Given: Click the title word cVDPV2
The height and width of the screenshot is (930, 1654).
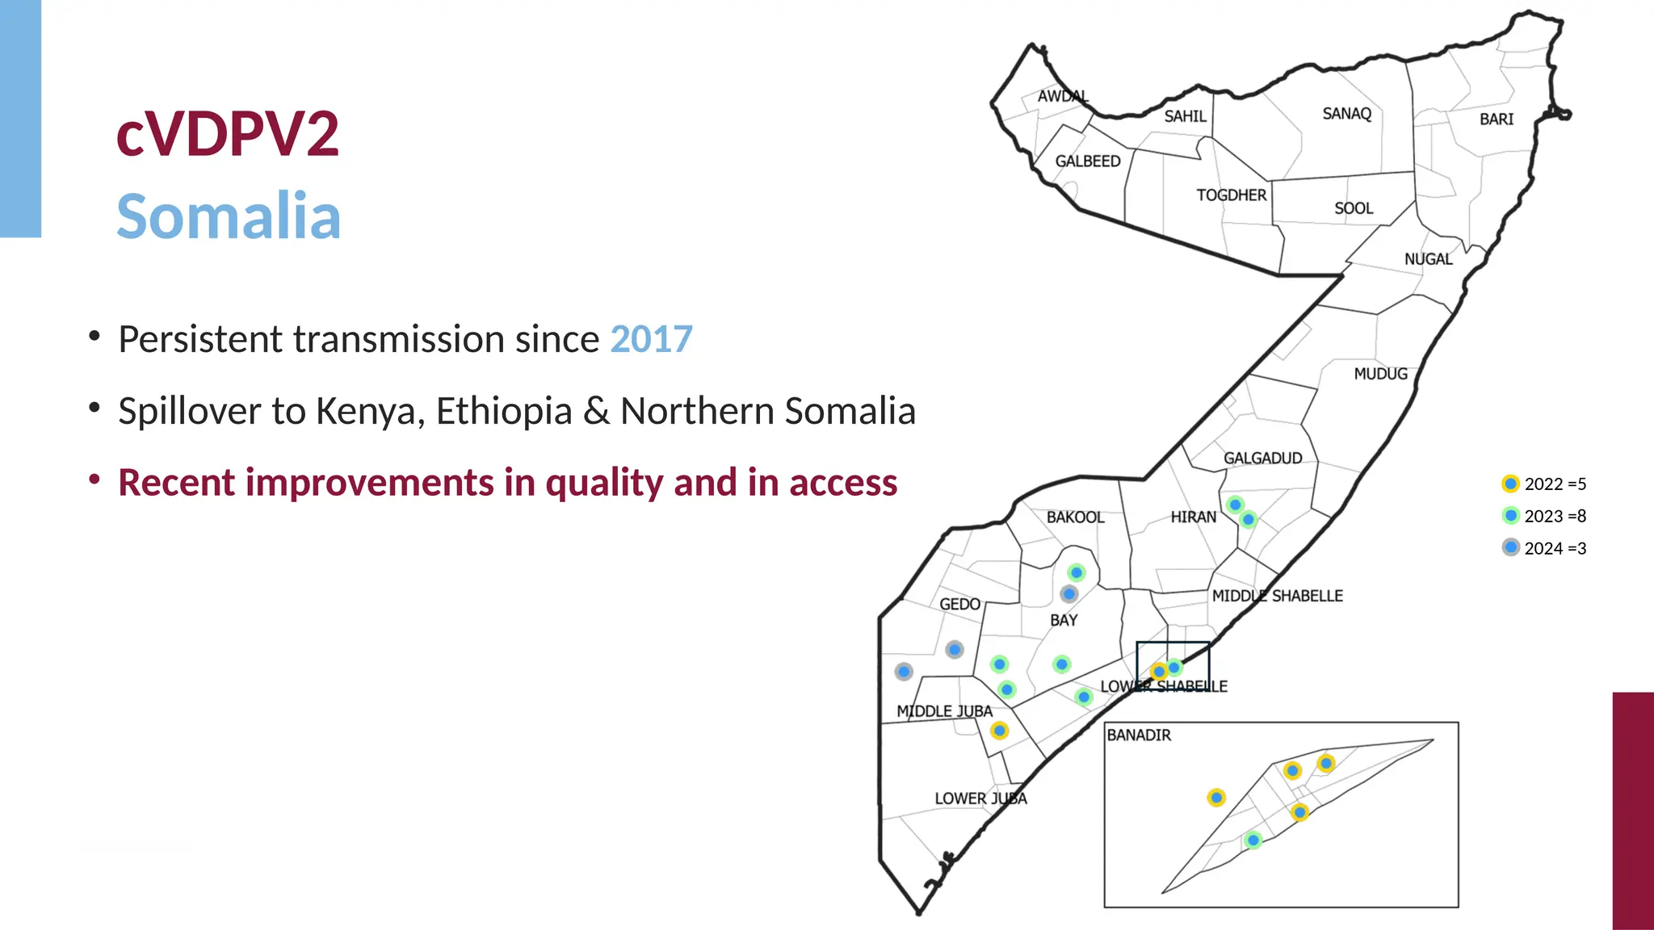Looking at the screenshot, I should tap(228, 134).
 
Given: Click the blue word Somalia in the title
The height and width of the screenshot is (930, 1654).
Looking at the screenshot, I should tap(229, 216).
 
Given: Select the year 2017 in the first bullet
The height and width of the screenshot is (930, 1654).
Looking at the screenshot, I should tap(651, 339).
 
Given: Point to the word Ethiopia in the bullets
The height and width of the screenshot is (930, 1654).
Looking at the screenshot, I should tap(504, 411).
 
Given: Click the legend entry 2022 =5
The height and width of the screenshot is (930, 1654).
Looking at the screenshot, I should tap(1554, 484).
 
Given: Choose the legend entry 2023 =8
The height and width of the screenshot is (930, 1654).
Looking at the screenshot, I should tap(1554, 516).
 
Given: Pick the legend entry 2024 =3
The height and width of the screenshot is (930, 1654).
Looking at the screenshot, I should tap(1554, 548).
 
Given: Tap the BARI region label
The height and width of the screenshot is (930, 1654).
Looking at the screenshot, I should tap(1496, 119).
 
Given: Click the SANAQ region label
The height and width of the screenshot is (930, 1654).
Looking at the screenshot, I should tap(1346, 114).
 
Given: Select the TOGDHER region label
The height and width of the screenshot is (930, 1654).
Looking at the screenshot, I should tap(1231, 195).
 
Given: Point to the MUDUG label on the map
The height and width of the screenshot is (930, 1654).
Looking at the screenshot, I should tap(1380, 374).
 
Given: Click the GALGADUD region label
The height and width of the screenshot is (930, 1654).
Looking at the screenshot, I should tap(1262, 459).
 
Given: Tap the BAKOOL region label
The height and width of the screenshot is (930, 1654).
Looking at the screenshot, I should tap(1075, 517).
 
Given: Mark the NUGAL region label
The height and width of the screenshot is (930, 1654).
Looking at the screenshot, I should tap(1428, 259).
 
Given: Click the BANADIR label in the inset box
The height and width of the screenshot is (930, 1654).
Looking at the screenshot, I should tap(1139, 735).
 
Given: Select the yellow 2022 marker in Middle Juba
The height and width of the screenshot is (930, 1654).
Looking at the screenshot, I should tap(1000, 731).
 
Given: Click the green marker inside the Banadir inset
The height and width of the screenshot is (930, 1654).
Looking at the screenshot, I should tap(1253, 840).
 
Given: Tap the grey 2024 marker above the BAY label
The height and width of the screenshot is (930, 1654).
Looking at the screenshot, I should tap(1069, 594).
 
